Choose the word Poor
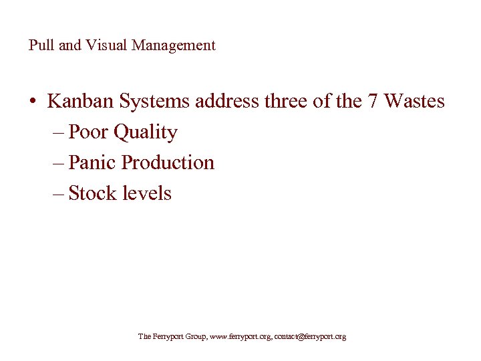[90, 132]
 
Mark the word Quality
[146, 133]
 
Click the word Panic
[93, 162]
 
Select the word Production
[168, 162]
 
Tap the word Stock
[92, 193]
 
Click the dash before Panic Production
[58, 163]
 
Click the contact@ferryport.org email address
[311, 337]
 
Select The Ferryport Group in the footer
[172, 337]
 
